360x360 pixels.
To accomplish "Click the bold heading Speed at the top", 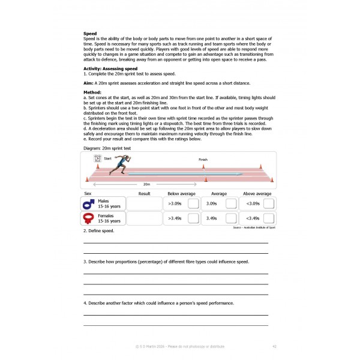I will click(89, 34).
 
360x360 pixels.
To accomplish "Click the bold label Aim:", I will click(89, 83).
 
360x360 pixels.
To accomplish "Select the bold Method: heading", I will click(92, 92).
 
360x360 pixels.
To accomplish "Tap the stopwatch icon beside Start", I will click(97, 158).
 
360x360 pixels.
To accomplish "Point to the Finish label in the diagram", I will click(203, 160).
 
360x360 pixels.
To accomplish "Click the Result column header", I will click(144, 194).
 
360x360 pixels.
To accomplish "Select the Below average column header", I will click(182, 194).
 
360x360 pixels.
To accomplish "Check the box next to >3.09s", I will click(193, 204).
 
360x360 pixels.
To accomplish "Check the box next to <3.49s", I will click(269, 219).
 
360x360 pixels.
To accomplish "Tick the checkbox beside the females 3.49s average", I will click(231, 219).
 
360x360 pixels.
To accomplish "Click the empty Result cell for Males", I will click(144, 204).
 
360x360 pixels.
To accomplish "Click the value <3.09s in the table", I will click(253, 204).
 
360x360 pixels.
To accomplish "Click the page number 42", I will click(274, 346).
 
